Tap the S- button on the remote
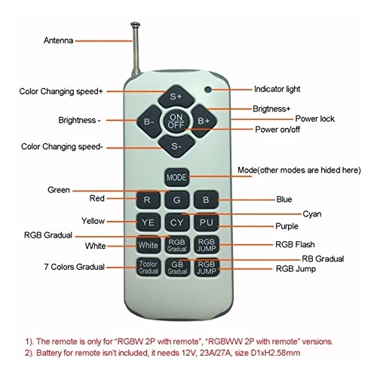tap(176, 146)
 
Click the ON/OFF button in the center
tap(176, 121)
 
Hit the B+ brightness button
tap(204, 121)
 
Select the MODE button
tap(176, 177)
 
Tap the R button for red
tap(148, 200)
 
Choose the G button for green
tap(177, 200)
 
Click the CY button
tap(177, 222)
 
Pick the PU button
tap(206, 222)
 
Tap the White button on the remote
tap(149, 245)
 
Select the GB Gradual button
tap(177, 268)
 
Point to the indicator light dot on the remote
tap(208, 90)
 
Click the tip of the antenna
tap(135, 23)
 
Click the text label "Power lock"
tap(314, 118)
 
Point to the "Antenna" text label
tap(59, 41)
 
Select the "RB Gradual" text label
tap(323, 259)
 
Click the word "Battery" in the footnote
tap(49, 353)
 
